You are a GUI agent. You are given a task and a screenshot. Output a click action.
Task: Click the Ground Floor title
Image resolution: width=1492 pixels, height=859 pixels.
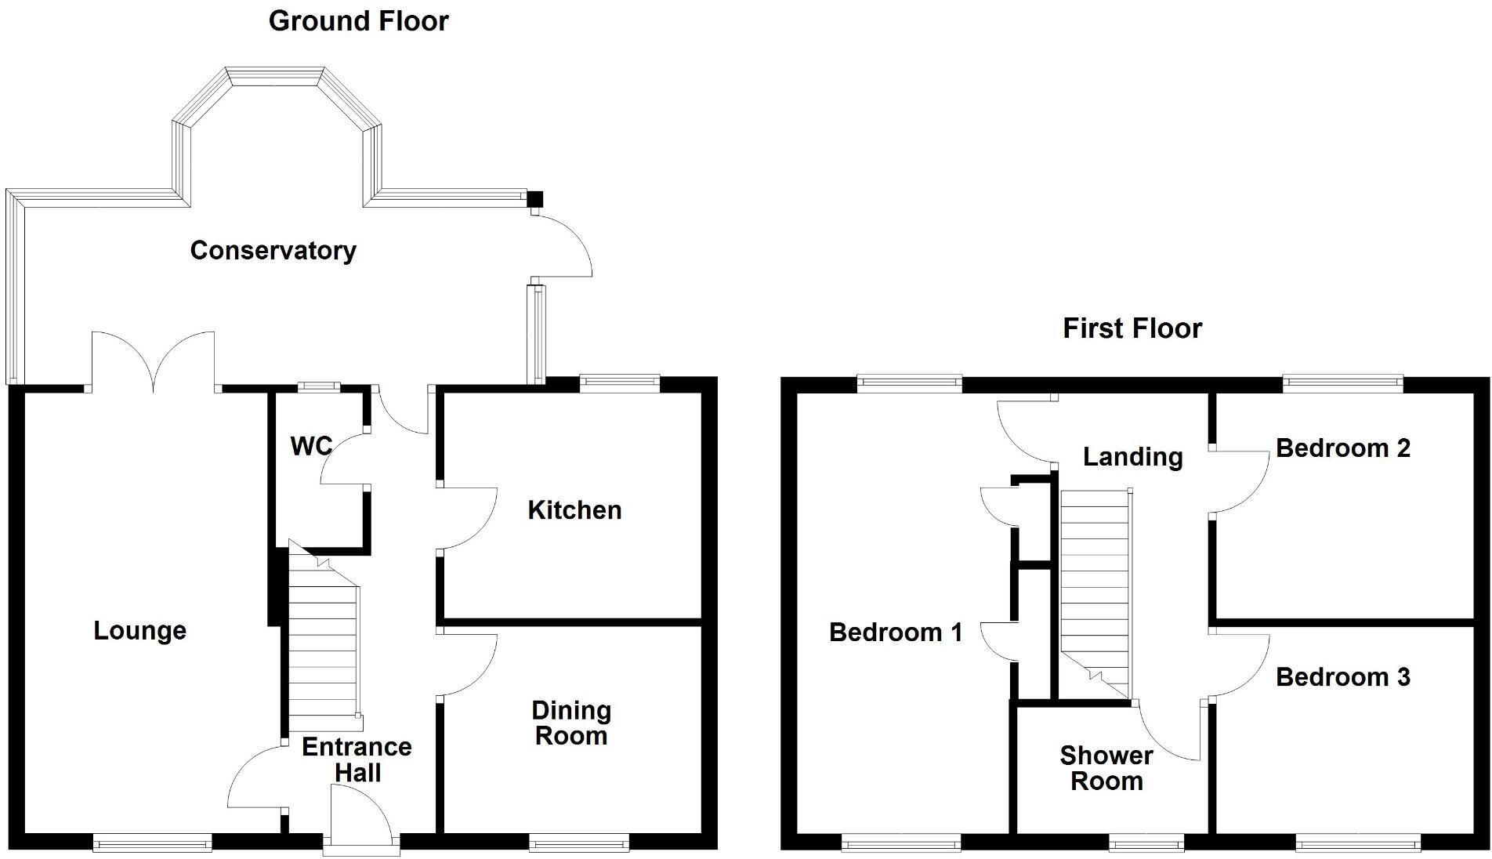pos(358,21)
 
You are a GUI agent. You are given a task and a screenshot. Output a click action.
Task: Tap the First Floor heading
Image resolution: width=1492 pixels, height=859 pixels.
pos(1132,328)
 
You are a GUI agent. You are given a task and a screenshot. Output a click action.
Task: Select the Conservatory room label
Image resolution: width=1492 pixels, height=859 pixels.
pos(273,251)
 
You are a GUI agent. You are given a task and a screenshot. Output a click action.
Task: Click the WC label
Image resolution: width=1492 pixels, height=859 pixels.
pos(311,447)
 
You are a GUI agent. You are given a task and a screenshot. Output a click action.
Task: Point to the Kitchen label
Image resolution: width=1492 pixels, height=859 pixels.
pos(574,510)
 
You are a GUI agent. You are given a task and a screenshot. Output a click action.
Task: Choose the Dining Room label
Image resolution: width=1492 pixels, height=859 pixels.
pos(571,723)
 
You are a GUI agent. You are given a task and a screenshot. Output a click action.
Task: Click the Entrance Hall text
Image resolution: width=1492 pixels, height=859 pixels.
pos(357,759)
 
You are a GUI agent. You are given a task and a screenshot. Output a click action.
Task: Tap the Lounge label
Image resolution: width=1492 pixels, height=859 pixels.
pos(139,631)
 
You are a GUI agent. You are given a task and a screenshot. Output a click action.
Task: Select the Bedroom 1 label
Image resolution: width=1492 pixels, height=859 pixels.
pos(895,632)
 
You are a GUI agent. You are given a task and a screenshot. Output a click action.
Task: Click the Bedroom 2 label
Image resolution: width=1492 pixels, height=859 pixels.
pos(1342,448)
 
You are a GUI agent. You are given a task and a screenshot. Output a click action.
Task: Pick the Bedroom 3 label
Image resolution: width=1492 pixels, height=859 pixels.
pos(1342,677)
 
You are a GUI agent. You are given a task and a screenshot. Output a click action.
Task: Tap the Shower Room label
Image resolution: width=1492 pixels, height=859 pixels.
pos(1106,768)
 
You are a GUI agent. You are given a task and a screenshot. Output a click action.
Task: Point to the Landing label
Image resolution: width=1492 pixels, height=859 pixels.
pos(1132,457)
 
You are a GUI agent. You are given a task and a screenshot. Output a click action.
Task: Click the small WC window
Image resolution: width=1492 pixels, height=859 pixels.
pos(318,386)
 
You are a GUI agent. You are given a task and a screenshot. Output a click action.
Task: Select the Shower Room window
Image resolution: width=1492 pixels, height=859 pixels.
pos(1146,844)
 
